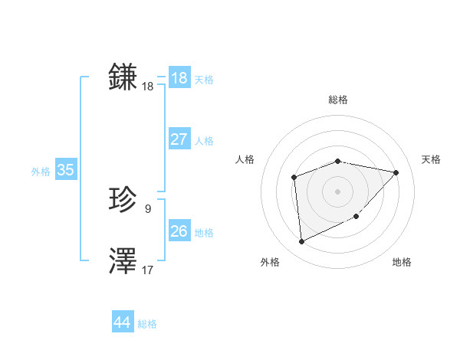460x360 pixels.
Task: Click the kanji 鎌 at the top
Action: pyautogui.click(x=123, y=77)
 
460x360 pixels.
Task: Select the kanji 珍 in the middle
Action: pyautogui.click(x=123, y=200)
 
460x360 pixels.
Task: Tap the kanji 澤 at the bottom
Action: pyautogui.click(x=123, y=260)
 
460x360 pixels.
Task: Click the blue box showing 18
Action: pyautogui.click(x=179, y=78)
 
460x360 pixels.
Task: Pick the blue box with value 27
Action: pyautogui.click(x=179, y=139)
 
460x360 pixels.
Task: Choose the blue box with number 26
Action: pyautogui.click(x=179, y=231)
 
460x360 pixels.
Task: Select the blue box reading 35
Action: pyautogui.click(x=65, y=170)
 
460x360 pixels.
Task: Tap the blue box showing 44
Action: pyautogui.click(x=122, y=322)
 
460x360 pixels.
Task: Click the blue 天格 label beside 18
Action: pyautogui.click(x=204, y=80)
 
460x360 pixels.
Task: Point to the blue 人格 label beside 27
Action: pyautogui.click(x=204, y=141)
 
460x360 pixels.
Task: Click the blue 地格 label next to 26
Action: pyautogui.click(x=204, y=232)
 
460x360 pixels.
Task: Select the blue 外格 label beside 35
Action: pyautogui.click(x=41, y=172)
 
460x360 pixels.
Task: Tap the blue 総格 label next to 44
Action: pyautogui.click(x=147, y=324)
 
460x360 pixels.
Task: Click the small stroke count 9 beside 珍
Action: pyautogui.click(x=148, y=208)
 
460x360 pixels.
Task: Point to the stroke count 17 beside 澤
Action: pyautogui.click(x=148, y=270)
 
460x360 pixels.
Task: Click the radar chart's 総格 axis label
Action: pyautogui.click(x=338, y=100)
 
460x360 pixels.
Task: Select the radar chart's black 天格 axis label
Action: pyautogui.click(x=431, y=159)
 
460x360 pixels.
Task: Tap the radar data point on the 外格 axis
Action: pyautogui.click(x=301, y=242)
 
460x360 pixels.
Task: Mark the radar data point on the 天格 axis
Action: pyautogui.click(x=396, y=172)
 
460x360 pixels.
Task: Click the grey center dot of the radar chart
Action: pyautogui.click(x=337, y=191)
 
